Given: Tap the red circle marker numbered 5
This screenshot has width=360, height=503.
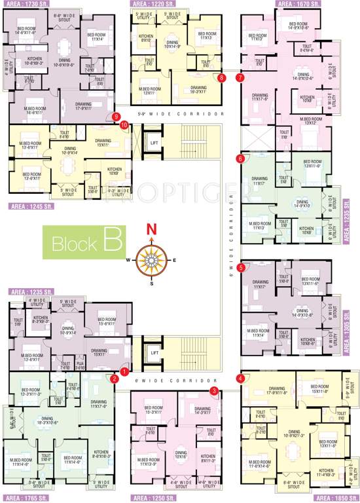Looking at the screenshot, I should (242, 267).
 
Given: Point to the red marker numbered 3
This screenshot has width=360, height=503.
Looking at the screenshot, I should (214, 391).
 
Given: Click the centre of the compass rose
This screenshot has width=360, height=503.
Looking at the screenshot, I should (152, 259).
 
